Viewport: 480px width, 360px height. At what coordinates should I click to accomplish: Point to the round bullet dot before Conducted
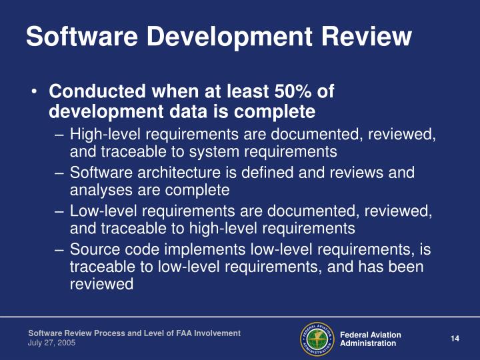[x=34, y=91]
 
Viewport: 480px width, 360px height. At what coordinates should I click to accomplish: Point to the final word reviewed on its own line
[x=101, y=283]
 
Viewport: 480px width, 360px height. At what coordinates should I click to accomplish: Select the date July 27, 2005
[x=51, y=342]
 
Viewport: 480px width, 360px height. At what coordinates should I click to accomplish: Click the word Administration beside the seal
[x=368, y=343]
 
